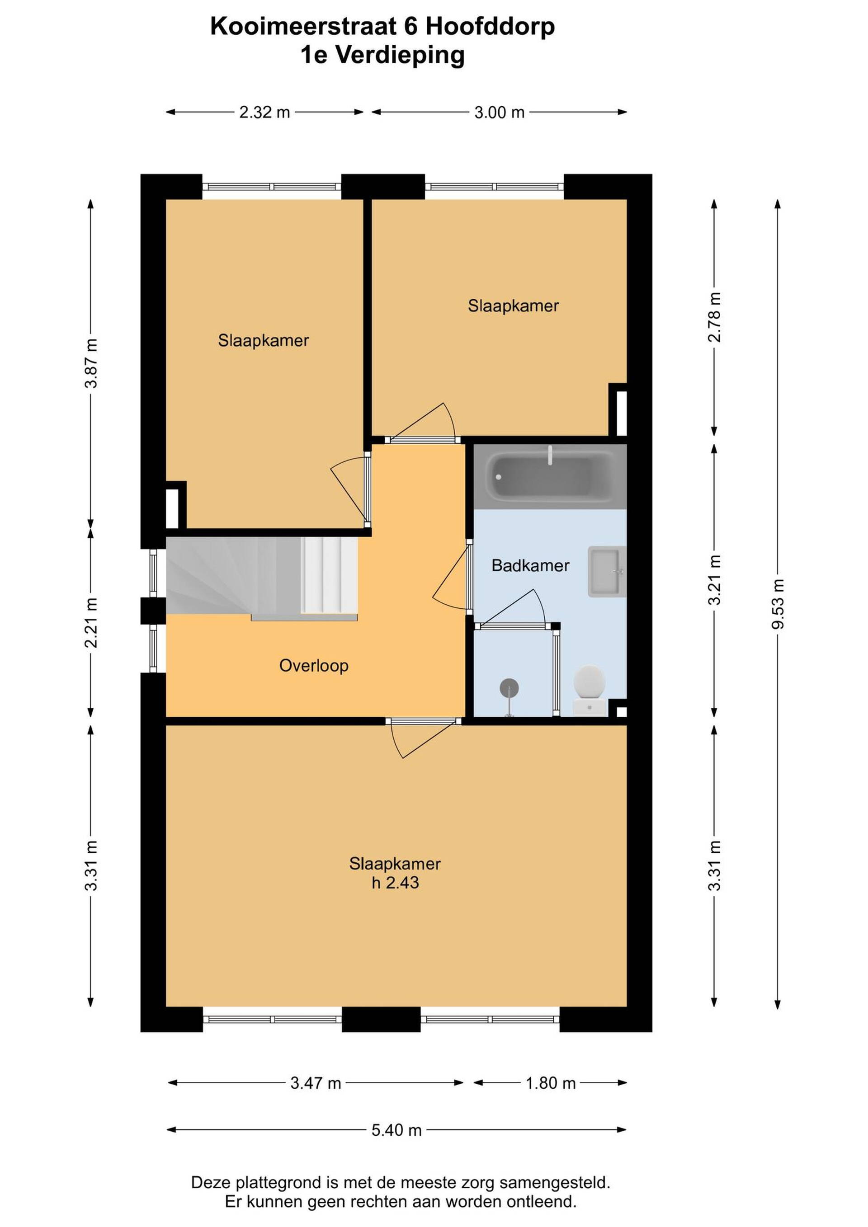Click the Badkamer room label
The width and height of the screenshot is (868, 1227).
point(530,565)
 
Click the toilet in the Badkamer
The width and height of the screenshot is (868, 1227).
point(590,689)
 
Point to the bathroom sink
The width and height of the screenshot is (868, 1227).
point(607,571)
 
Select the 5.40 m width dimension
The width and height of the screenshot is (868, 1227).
point(396,1130)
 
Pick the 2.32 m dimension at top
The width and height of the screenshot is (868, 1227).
point(264,112)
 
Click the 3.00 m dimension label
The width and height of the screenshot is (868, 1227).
point(499,112)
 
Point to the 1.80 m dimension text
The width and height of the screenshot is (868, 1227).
point(551,1083)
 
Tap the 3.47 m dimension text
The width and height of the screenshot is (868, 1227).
point(316,1083)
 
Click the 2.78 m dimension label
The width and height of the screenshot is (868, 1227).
point(715,317)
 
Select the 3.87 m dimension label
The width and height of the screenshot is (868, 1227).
point(91,363)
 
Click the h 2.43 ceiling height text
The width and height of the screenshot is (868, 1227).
point(395,883)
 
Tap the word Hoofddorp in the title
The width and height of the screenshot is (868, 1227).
point(490,27)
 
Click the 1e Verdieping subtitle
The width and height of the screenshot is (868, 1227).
point(383,55)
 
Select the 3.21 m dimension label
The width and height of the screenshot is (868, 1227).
point(715,580)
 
